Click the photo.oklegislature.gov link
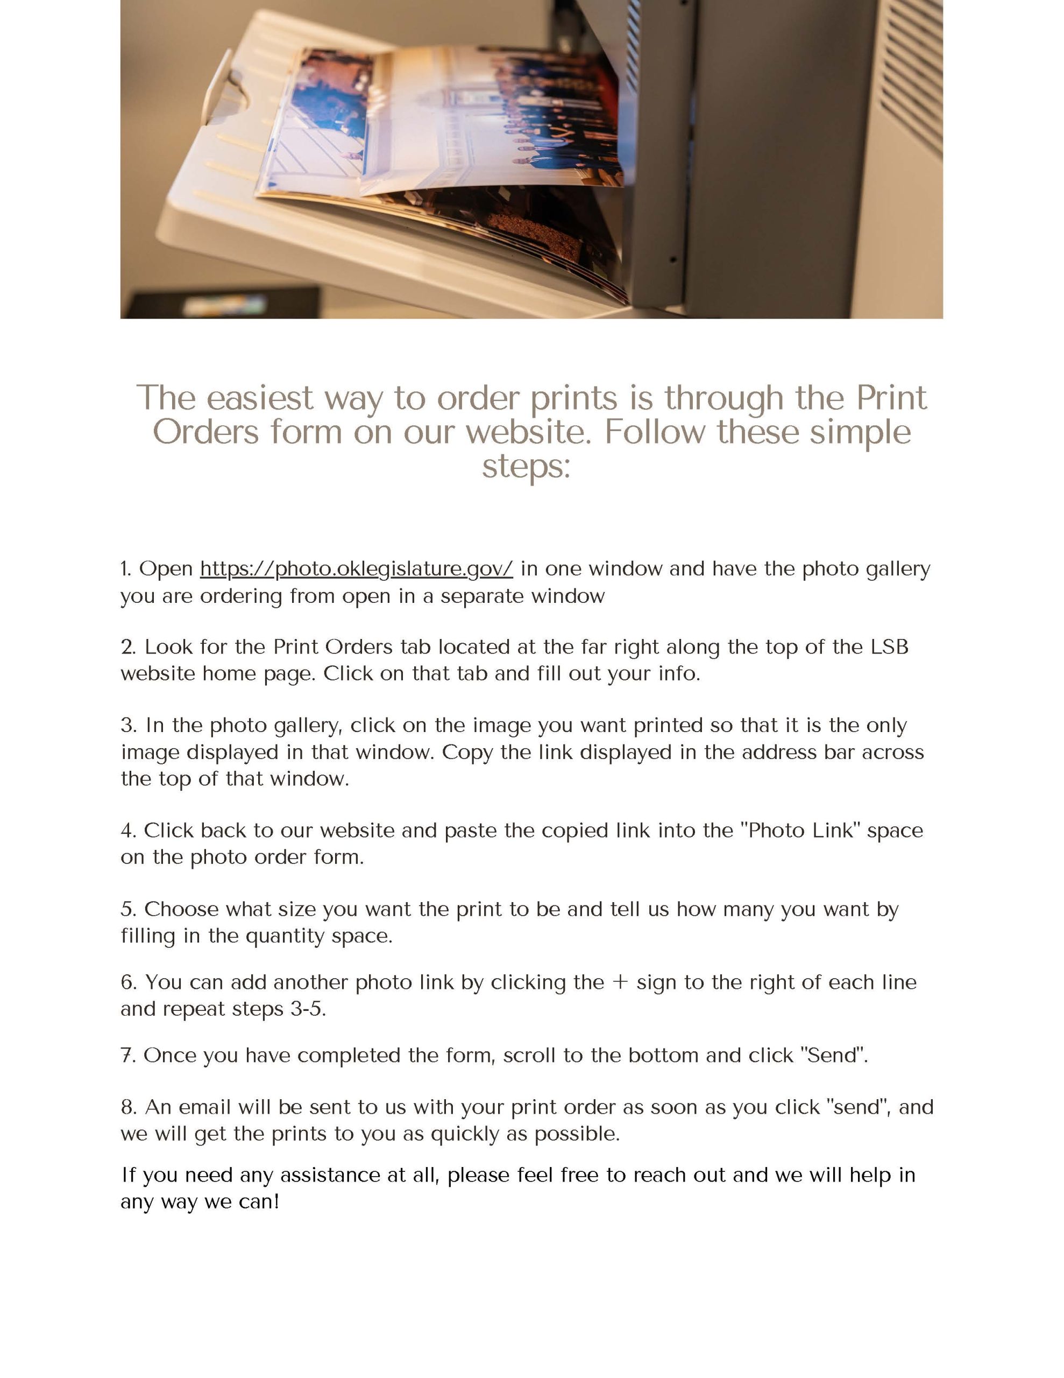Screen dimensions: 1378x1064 [x=356, y=569]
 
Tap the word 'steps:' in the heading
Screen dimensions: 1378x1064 [x=526, y=466]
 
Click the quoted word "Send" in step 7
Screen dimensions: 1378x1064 [x=833, y=1056]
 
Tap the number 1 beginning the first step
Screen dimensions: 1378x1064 [x=125, y=569]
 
